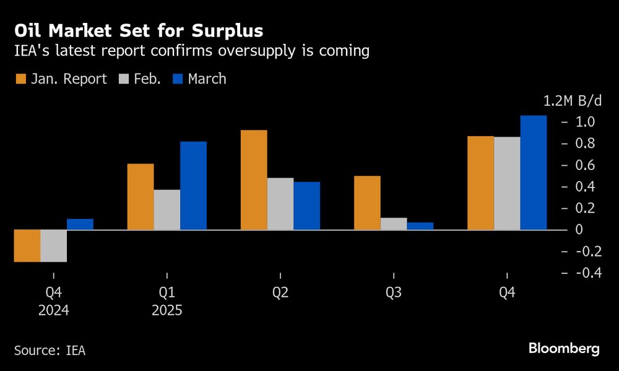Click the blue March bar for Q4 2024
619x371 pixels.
pyautogui.click(x=80, y=224)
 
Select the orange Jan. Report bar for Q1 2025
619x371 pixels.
pyautogui.click(x=140, y=197)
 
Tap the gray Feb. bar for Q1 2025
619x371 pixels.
pyautogui.click(x=167, y=210)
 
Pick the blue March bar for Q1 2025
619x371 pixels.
pyautogui.click(x=193, y=185)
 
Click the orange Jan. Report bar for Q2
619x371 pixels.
pyautogui.click(x=254, y=180)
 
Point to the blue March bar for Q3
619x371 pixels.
pyautogui.click(x=420, y=226)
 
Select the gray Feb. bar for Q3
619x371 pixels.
pyautogui.click(x=394, y=224)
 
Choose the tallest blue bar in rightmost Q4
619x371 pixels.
pyautogui.click(x=534, y=173)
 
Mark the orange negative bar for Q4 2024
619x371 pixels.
pyautogui.click(x=27, y=245)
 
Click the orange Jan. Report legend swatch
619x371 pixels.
pyautogui.click(x=20, y=79)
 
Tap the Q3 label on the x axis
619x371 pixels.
pyautogui.click(x=394, y=293)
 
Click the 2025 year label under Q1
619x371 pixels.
pyautogui.click(x=167, y=310)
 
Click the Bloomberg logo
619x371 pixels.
pyautogui.click(x=564, y=349)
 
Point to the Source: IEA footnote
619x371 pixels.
pyautogui.click(x=50, y=351)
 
